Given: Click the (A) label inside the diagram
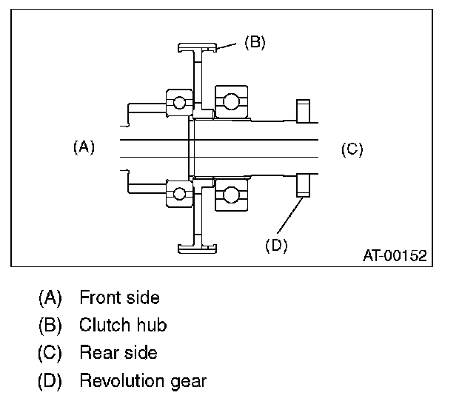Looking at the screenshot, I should (84, 147).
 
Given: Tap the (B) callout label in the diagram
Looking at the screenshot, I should (255, 42).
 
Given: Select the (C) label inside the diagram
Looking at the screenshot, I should (352, 149).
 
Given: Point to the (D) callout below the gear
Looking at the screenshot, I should (275, 246).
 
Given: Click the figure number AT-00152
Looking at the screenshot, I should (394, 256).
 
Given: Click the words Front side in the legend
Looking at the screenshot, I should (119, 298).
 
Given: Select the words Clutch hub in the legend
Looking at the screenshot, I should (122, 325).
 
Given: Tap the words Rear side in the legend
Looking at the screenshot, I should (118, 352).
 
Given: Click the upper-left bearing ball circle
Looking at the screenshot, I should (180, 103).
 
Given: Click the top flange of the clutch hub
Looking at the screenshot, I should (198, 48).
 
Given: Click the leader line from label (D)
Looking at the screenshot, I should (291, 215).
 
